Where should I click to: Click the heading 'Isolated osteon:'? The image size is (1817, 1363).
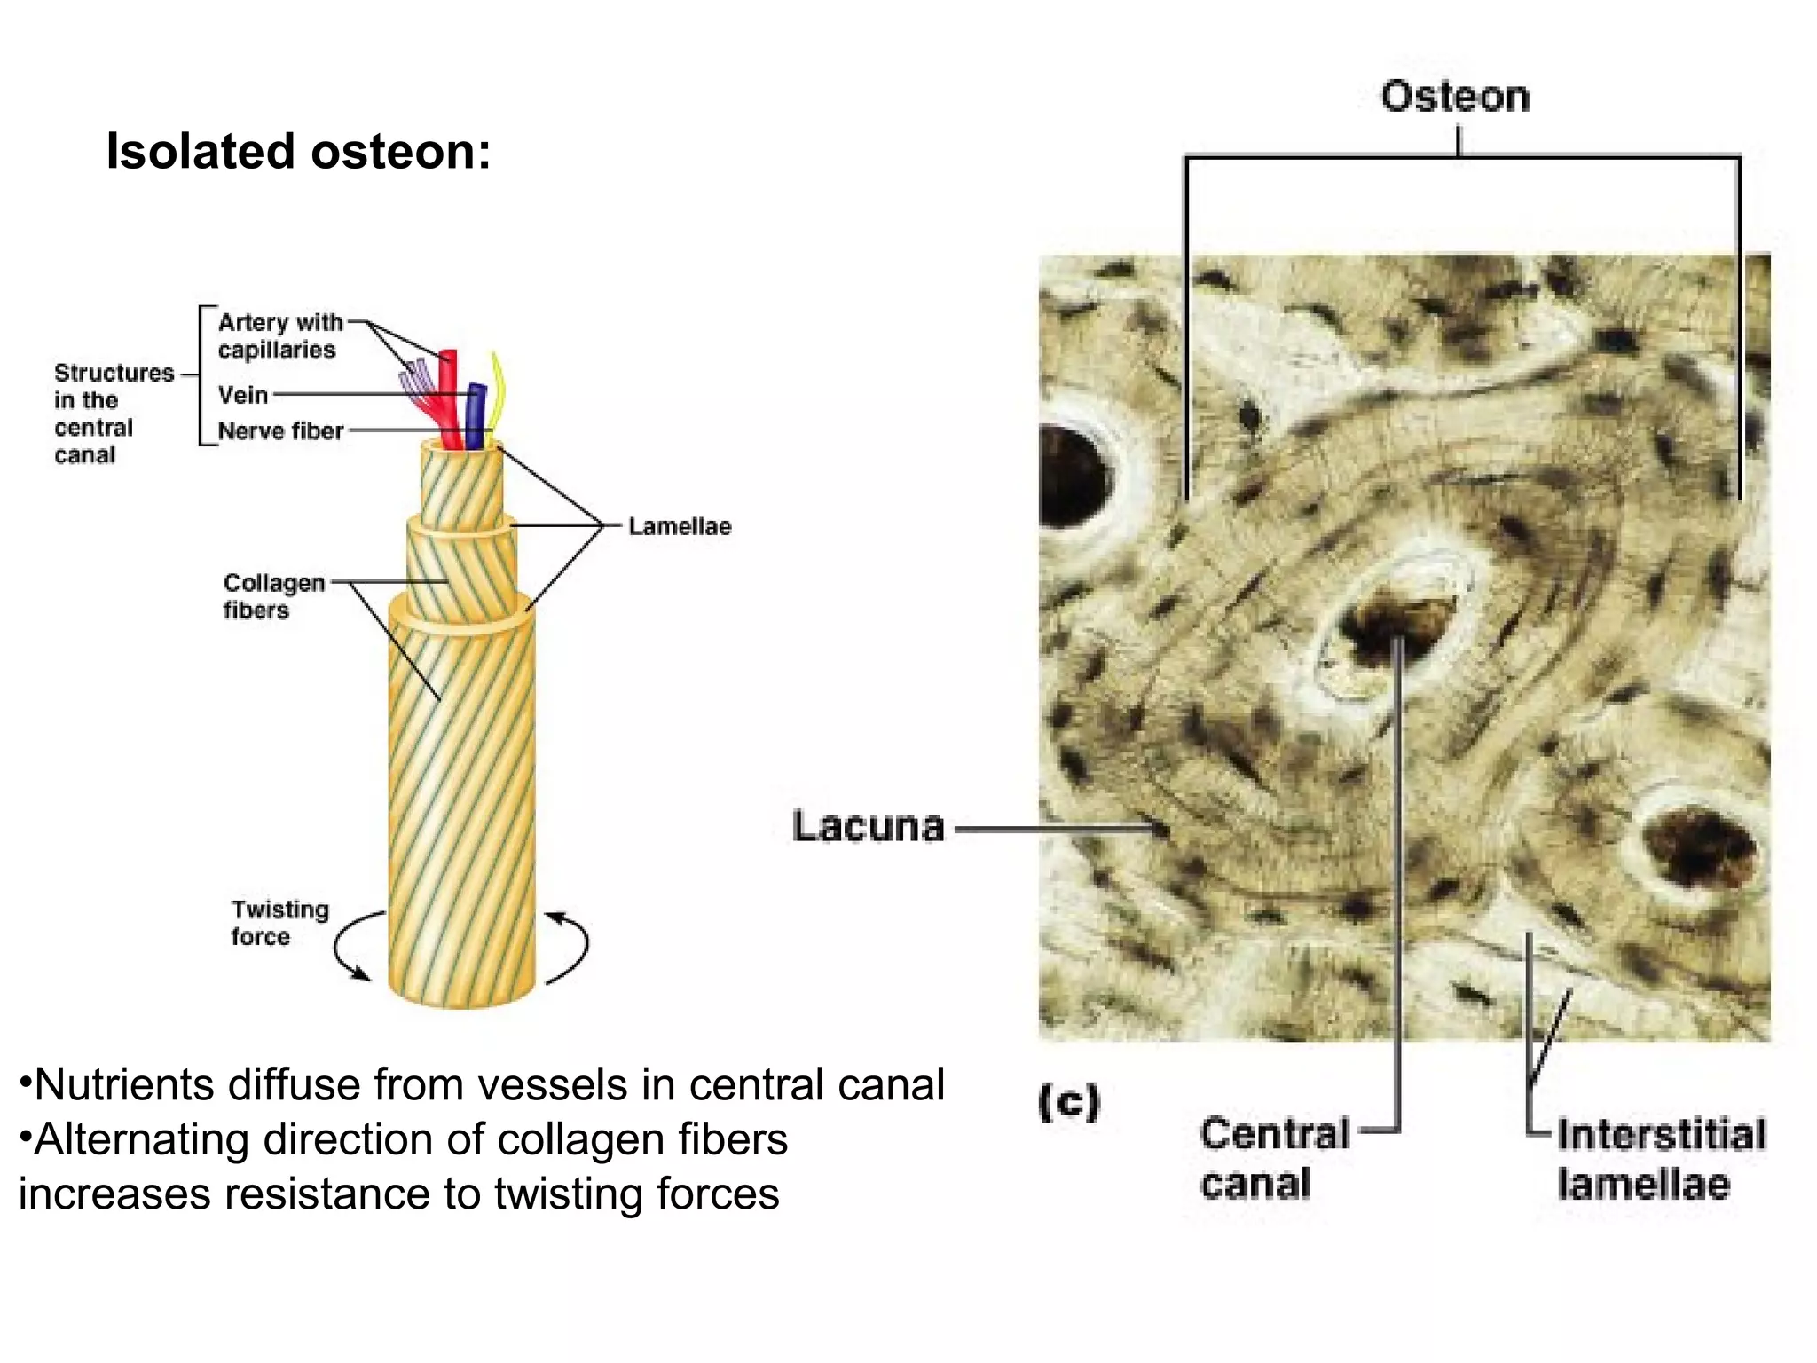point(298,151)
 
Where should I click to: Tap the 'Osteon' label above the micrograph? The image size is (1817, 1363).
point(1455,96)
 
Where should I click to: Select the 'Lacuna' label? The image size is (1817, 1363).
point(868,826)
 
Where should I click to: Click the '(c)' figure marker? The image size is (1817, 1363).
point(1068,1102)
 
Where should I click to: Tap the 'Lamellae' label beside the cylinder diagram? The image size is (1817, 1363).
point(680,526)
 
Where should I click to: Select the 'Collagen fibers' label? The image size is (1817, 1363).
point(273,596)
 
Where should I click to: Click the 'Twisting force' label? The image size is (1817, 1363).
point(279,923)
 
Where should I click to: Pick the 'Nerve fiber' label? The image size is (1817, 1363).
point(280,431)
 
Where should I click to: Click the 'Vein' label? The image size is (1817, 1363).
point(243,395)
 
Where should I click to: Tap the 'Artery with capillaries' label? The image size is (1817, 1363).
point(279,335)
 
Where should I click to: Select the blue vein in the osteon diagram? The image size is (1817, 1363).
point(476,415)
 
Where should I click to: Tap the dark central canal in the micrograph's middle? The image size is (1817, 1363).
point(1393,628)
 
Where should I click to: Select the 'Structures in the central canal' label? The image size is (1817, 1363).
point(113,414)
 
